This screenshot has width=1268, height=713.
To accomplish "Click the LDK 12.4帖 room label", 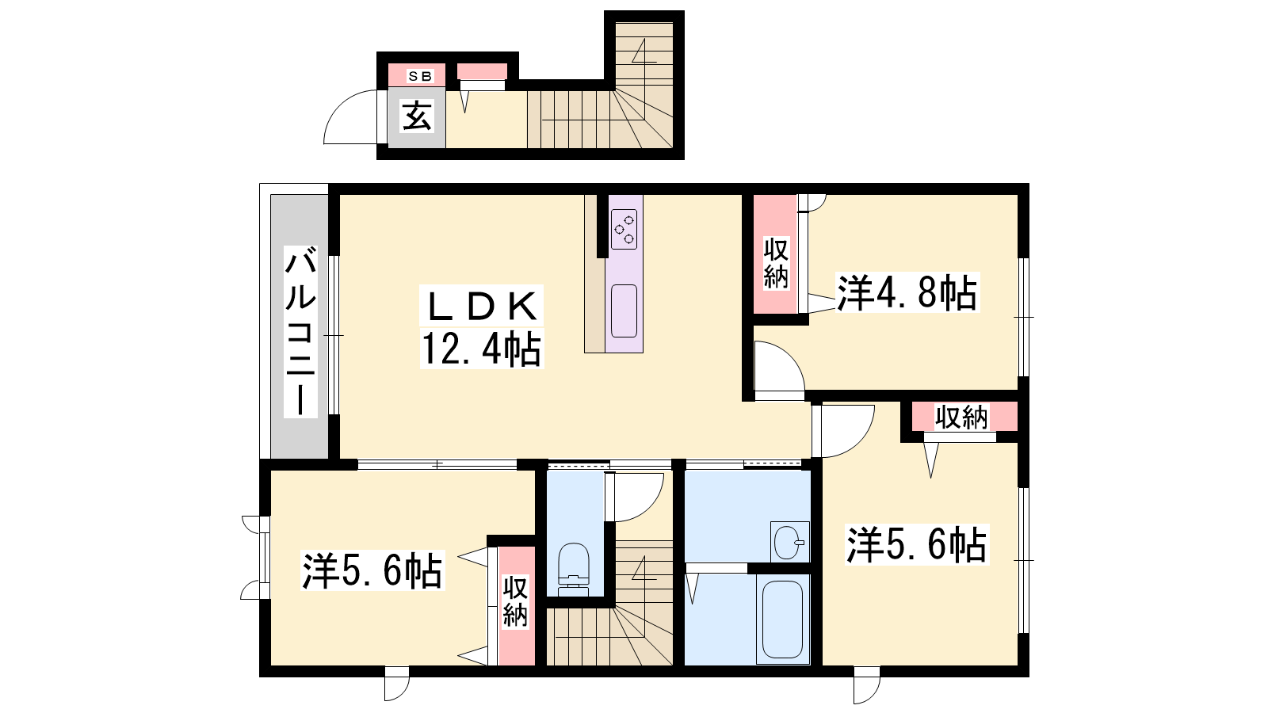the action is click(482, 327).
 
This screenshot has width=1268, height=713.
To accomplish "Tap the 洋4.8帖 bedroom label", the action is click(907, 292).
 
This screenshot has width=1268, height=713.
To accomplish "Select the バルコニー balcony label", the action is click(300, 332).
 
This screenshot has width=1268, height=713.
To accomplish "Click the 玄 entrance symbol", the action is click(417, 116).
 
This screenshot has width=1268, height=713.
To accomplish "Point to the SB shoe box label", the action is click(420, 76).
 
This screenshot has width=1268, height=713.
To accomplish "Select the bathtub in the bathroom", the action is click(782, 619).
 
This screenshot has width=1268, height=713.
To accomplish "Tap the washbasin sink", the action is click(789, 542).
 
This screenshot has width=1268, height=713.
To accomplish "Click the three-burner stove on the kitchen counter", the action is click(624, 229).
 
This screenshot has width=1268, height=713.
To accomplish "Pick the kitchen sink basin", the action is click(624, 311).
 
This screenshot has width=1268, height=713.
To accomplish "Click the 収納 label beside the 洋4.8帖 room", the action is click(776, 264).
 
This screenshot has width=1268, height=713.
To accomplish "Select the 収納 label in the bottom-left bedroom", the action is click(515, 601).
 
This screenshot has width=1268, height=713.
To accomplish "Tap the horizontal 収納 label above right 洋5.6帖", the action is click(961, 418).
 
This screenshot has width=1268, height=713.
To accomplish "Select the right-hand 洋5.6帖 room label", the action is click(916, 544).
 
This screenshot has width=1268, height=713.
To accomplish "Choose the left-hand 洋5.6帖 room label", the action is click(372, 570).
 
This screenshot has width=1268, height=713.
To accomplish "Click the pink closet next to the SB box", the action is click(482, 72).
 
